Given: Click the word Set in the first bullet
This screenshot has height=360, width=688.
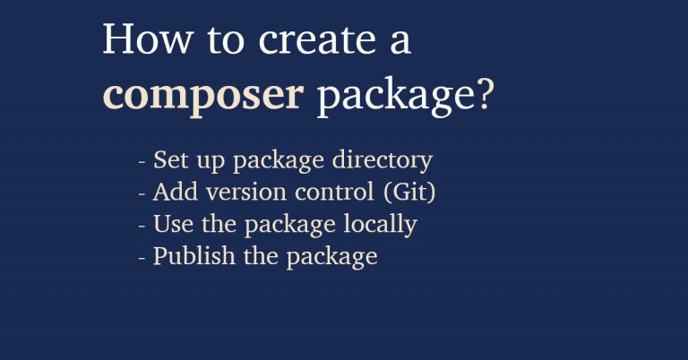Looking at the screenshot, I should point(170,160).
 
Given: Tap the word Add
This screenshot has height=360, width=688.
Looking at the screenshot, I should point(172,193).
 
